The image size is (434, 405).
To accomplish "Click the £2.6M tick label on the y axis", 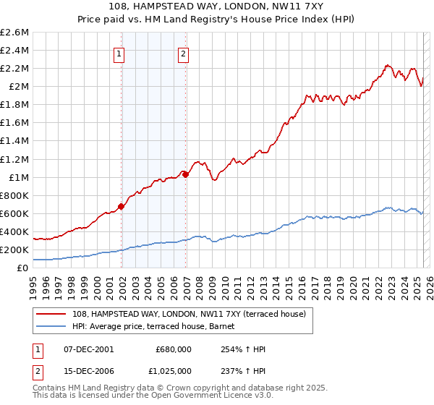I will click(14, 33).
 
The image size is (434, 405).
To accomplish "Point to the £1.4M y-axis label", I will click(14, 141).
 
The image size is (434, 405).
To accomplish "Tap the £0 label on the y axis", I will click(23, 268).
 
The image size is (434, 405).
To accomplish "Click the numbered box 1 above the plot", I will click(119, 53).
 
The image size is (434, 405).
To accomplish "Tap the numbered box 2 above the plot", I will click(184, 53).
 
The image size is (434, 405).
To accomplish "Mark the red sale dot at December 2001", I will click(122, 206).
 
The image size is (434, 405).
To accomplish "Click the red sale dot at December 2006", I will click(186, 174).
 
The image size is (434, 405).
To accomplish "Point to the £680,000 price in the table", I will click(173, 350).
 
